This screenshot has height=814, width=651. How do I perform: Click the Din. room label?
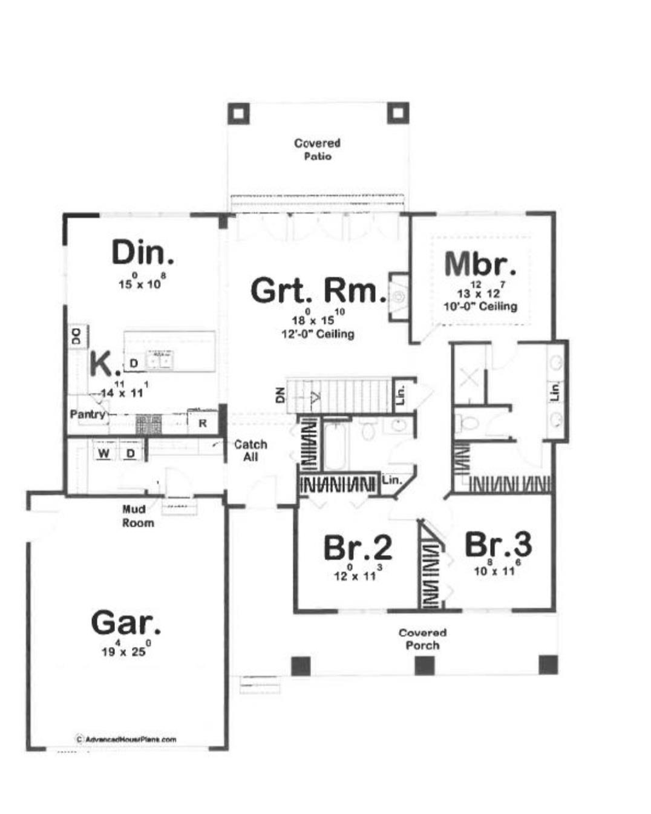click(x=143, y=252)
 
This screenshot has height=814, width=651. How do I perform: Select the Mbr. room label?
click(x=480, y=263)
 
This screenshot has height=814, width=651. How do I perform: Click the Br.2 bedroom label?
click(x=357, y=548)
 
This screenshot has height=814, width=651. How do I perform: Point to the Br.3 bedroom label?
click(x=498, y=544)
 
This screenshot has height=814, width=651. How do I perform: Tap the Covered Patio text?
click(x=317, y=149)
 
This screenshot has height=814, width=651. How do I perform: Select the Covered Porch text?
click(x=422, y=639)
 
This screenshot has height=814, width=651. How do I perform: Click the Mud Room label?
click(x=137, y=516)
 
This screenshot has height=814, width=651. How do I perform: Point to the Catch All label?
click(x=250, y=450)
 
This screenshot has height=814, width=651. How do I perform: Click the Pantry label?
click(x=87, y=415)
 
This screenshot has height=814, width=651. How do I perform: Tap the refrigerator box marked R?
click(x=202, y=423)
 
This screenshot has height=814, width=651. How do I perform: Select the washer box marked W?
click(x=104, y=453)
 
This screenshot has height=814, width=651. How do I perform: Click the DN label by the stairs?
click(x=280, y=396)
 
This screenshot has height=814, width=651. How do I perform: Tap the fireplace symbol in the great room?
click(x=398, y=297)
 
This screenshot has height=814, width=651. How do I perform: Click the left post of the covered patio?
click(x=238, y=113)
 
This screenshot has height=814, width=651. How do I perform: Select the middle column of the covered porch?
click(x=424, y=666)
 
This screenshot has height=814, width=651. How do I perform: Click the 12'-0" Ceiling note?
click(x=318, y=333)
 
